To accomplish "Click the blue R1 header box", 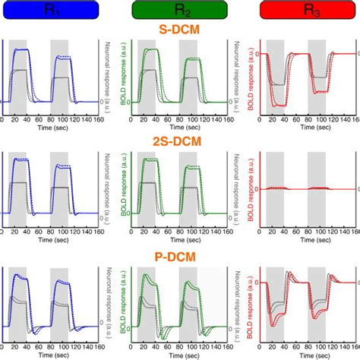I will coord(49,11).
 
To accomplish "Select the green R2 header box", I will coord(179,11).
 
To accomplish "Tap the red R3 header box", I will coord(308,11).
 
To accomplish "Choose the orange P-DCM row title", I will coord(179,257).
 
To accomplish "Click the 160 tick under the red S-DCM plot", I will coord(355,119).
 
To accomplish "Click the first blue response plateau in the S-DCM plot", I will coord(19,52).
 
